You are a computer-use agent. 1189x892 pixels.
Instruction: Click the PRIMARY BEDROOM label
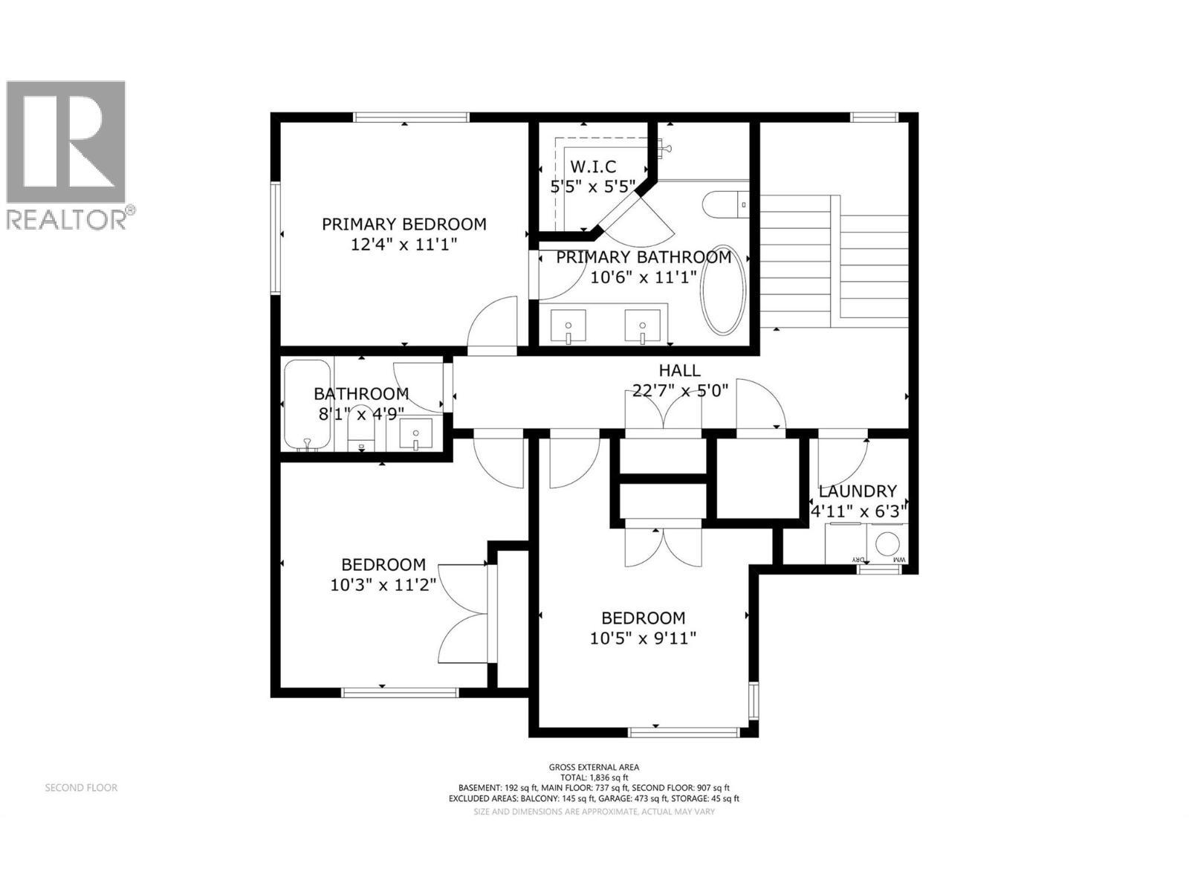[404, 224]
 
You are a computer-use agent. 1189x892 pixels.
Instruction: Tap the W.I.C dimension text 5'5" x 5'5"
[593, 187]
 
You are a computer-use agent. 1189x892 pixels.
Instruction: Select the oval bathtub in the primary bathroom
[722, 289]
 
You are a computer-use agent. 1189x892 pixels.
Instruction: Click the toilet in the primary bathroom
[727, 204]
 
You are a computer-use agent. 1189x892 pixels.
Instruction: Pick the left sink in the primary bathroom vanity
[568, 327]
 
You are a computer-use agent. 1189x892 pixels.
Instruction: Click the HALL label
[679, 370]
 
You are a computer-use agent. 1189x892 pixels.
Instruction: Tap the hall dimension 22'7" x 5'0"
[679, 390]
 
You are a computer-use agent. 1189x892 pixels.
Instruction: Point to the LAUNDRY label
[858, 491]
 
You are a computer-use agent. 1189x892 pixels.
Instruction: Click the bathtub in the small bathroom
[306, 405]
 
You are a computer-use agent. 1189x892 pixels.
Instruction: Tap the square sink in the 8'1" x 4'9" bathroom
[415, 434]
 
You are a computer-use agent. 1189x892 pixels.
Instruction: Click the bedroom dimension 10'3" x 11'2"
[383, 585]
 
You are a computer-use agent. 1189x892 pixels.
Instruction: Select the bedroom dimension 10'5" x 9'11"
[644, 638]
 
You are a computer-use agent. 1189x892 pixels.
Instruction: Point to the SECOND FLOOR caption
[81, 787]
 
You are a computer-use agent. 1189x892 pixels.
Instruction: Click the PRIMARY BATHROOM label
[644, 257]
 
